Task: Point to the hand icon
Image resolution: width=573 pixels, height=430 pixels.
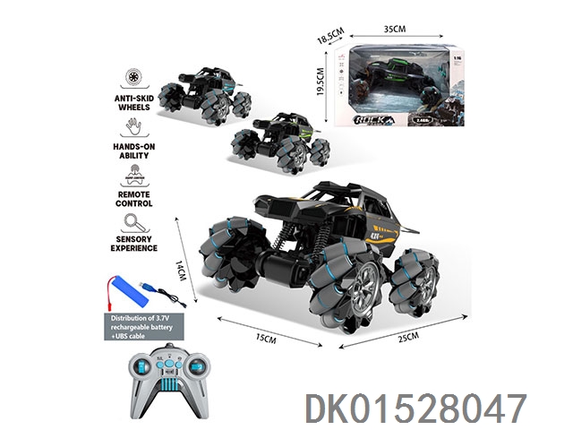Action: pos(137,126)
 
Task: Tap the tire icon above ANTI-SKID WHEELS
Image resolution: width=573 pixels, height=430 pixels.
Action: pos(137,78)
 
